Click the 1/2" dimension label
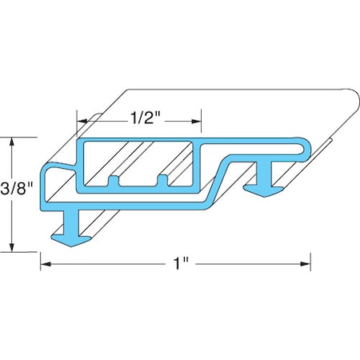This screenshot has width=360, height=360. [145, 122]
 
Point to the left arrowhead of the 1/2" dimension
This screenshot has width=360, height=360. [82, 122]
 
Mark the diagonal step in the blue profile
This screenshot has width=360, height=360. [224, 177]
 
